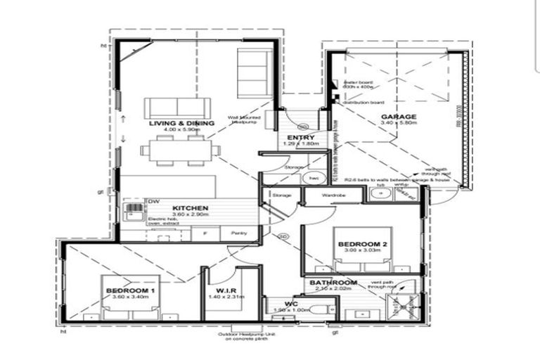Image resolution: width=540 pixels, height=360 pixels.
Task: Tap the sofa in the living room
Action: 177,108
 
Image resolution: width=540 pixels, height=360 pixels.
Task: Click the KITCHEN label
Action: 190,209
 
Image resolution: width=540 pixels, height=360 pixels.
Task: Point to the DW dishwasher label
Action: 153,202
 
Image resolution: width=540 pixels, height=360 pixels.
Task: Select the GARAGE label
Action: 399,117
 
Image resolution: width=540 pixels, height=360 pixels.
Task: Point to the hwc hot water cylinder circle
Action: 314,179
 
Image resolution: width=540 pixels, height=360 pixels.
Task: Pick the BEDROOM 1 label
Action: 130,290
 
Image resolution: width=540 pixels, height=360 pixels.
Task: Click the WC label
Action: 292,303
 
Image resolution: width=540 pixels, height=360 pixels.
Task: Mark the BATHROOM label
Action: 333,283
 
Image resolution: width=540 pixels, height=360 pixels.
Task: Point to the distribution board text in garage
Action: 363,103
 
